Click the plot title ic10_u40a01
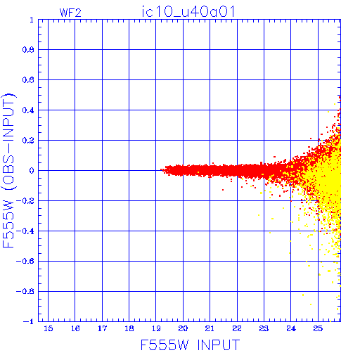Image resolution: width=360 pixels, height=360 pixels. (188, 12)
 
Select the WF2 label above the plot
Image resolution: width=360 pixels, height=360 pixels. (70, 13)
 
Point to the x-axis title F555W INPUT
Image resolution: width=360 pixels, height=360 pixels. (190, 345)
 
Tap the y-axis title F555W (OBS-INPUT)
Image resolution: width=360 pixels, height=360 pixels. (8, 171)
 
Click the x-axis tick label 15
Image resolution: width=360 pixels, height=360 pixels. (49, 328)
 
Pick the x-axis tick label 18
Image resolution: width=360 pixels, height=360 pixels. (129, 328)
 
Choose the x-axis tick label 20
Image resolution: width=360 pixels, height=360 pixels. (183, 328)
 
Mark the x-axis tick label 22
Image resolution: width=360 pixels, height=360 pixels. (237, 328)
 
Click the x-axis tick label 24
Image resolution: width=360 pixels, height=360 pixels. (291, 328)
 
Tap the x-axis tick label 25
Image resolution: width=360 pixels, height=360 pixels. (318, 328)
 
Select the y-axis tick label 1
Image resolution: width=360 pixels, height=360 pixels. (32, 20)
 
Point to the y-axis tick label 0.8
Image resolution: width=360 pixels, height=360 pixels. (28, 50)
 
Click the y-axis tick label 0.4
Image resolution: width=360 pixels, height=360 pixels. (28, 110)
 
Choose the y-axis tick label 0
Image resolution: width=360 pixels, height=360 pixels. (32, 171)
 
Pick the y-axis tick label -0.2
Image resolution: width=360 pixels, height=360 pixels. (25, 201)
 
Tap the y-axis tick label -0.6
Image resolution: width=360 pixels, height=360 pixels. (25, 261)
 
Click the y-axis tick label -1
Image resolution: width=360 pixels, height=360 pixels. (29, 321)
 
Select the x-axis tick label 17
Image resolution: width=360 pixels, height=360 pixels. (102, 328)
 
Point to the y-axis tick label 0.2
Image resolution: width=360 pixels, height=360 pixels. (28, 141)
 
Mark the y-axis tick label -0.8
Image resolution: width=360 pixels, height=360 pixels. (25, 291)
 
